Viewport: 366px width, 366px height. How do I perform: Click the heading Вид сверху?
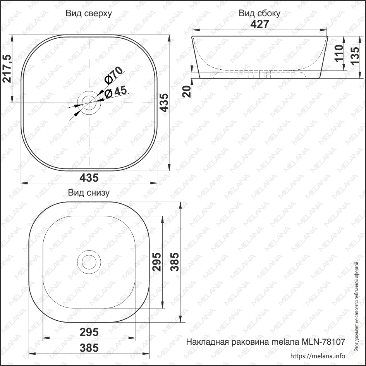pos(89,14)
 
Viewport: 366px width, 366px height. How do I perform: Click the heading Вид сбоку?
pos(259,14)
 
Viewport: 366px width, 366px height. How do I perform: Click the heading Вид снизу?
pos(89,192)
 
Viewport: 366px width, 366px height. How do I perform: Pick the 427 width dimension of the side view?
pos(259,24)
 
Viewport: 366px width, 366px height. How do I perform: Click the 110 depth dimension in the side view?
pos(338,54)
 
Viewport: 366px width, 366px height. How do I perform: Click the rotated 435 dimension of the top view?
pos(164,103)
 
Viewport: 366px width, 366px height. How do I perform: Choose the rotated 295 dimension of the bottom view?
pos(156,262)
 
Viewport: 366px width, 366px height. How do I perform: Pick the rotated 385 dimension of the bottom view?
pos(175,262)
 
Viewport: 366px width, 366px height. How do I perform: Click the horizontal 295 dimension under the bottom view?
pos(89,332)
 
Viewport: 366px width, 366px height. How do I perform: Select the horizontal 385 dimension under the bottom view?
pos(89,348)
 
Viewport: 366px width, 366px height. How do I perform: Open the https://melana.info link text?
pos(317,356)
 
